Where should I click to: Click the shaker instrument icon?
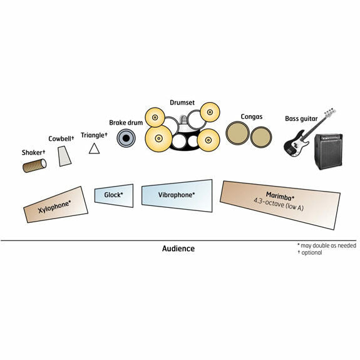click(x=34, y=165)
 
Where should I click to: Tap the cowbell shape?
click(x=64, y=156)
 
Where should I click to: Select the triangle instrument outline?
click(x=94, y=148)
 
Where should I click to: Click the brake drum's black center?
click(x=126, y=138)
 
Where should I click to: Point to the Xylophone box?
click(x=56, y=205)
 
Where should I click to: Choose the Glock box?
click(x=114, y=195)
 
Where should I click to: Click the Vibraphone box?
click(x=177, y=195)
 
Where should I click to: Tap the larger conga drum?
click(x=237, y=133)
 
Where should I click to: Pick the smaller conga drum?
click(x=261, y=137)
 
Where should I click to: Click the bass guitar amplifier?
click(x=329, y=152)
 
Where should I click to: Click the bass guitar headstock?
click(x=330, y=112)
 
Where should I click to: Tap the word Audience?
click(x=178, y=249)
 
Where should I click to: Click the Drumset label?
click(x=182, y=103)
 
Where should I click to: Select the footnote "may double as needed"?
click(x=328, y=245)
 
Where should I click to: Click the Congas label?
click(x=252, y=117)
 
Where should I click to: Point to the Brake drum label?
click(x=126, y=123)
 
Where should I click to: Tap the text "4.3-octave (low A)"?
click(x=279, y=204)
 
